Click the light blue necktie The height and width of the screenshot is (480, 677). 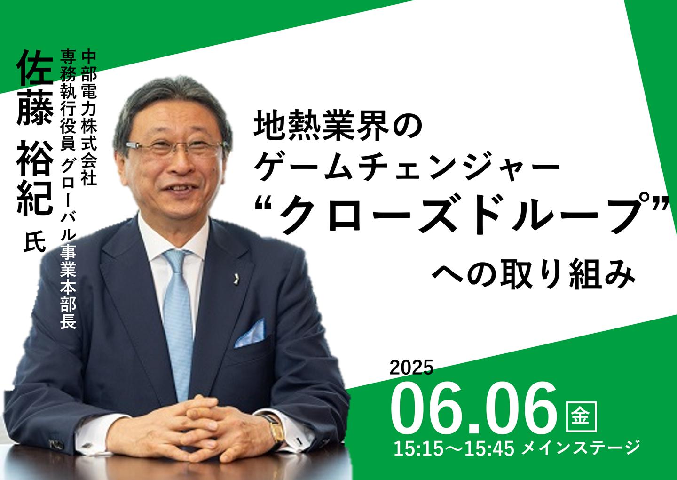[179, 324]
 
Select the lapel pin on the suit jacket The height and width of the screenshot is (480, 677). [234, 276]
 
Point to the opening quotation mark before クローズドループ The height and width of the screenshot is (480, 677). [267, 208]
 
